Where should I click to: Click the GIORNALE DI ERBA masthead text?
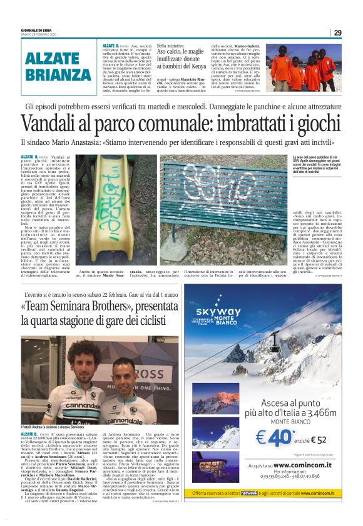pyautogui.click(x=38, y=29)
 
